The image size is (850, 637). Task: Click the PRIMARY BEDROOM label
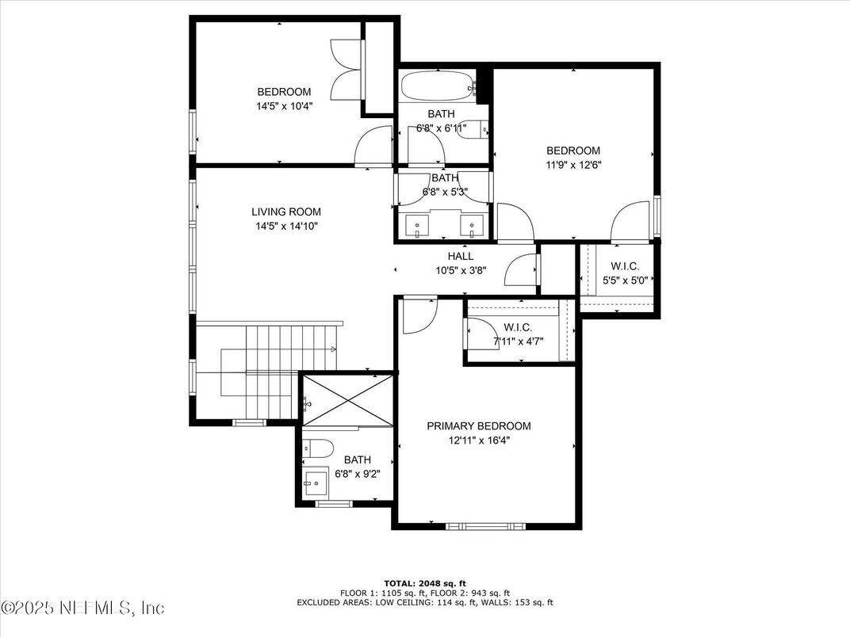[479, 425]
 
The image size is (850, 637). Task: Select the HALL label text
[461, 256]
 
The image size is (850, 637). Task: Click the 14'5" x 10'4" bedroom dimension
[284, 105]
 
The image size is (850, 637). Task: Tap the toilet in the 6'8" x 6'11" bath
[474, 128]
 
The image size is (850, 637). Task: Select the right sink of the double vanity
[472, 227]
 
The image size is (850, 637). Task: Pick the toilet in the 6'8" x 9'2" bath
[317, 448]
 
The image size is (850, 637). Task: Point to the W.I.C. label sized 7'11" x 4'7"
[518, 327]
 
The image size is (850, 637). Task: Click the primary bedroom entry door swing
[418, 315]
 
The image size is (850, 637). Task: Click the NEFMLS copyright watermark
[83, 608]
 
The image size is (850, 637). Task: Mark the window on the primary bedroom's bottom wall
[485, 525]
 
